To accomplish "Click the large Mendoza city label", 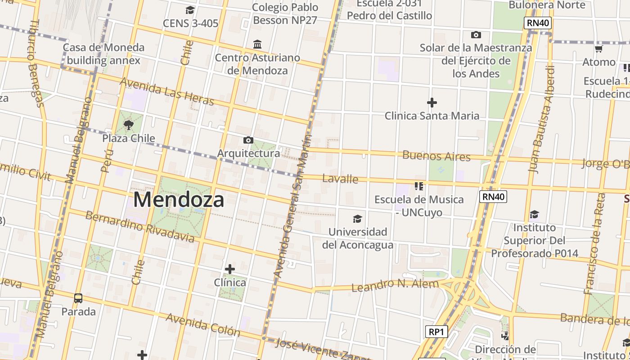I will pos(179,199).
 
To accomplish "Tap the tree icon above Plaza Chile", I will pos(129,125).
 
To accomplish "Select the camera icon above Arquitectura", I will pos(248,140).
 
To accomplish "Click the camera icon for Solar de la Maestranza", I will pos(476,35).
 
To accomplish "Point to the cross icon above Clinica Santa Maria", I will pos(432,103).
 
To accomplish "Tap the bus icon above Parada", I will pos(78,298).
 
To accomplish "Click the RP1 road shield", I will pos(436,332).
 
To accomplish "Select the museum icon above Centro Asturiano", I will pos(257,44).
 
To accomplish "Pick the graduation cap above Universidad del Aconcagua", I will pos(357,219).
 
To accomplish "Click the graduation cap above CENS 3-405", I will pos(190,10).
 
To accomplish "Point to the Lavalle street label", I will pos(340,179).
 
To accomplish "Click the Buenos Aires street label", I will pos(436,156).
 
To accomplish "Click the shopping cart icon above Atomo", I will pos(598,49).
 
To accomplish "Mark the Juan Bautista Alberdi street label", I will pos(541,119).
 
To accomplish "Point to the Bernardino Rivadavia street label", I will pos(140,226).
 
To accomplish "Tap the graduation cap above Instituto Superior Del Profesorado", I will pos(534,214).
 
